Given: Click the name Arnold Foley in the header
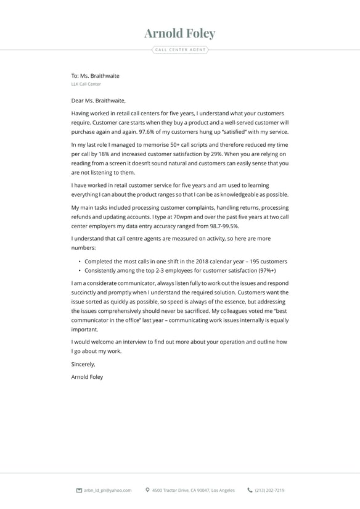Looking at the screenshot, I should click(x=180, y=33).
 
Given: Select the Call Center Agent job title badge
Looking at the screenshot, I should click(x=180, y=49).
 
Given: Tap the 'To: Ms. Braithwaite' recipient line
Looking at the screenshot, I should click(x=96, y=76).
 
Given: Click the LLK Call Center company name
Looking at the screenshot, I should click(x=86, y=84).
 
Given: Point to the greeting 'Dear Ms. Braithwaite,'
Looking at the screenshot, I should click(x=99, y=101).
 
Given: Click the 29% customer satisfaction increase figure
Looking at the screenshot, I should click(x=215, y=154).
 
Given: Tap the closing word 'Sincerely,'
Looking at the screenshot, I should click(x=83, y=364).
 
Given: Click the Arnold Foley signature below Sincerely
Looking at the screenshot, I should click(x=88, y=376).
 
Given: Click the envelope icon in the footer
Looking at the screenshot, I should click(x=79, y=490).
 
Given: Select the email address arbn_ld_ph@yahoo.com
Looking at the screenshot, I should click(x=108, y=490).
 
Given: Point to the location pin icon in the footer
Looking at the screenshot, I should click(x=147, y=490).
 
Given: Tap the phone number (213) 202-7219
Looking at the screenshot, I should click(x=269, y=490).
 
